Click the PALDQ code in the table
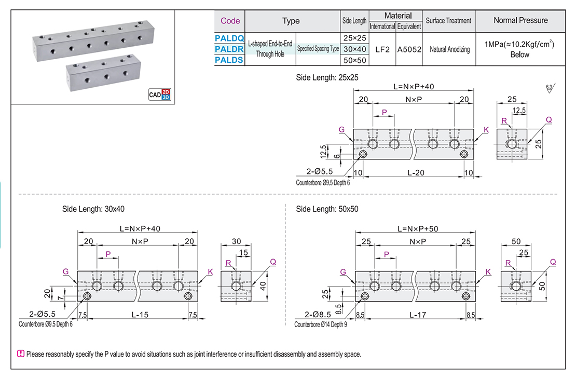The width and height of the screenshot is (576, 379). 229,37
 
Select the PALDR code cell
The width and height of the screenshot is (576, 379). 229,49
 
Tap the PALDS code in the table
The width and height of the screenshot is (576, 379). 229,60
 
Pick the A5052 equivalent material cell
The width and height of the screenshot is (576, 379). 409,49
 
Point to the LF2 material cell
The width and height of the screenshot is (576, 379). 382,49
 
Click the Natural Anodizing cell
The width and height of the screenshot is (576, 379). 449,49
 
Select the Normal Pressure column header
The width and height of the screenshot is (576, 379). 520,21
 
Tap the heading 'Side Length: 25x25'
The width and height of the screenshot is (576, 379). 327,77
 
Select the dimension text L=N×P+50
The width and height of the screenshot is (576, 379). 417,228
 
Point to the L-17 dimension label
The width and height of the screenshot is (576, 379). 417,314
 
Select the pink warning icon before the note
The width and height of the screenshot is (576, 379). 21,354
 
